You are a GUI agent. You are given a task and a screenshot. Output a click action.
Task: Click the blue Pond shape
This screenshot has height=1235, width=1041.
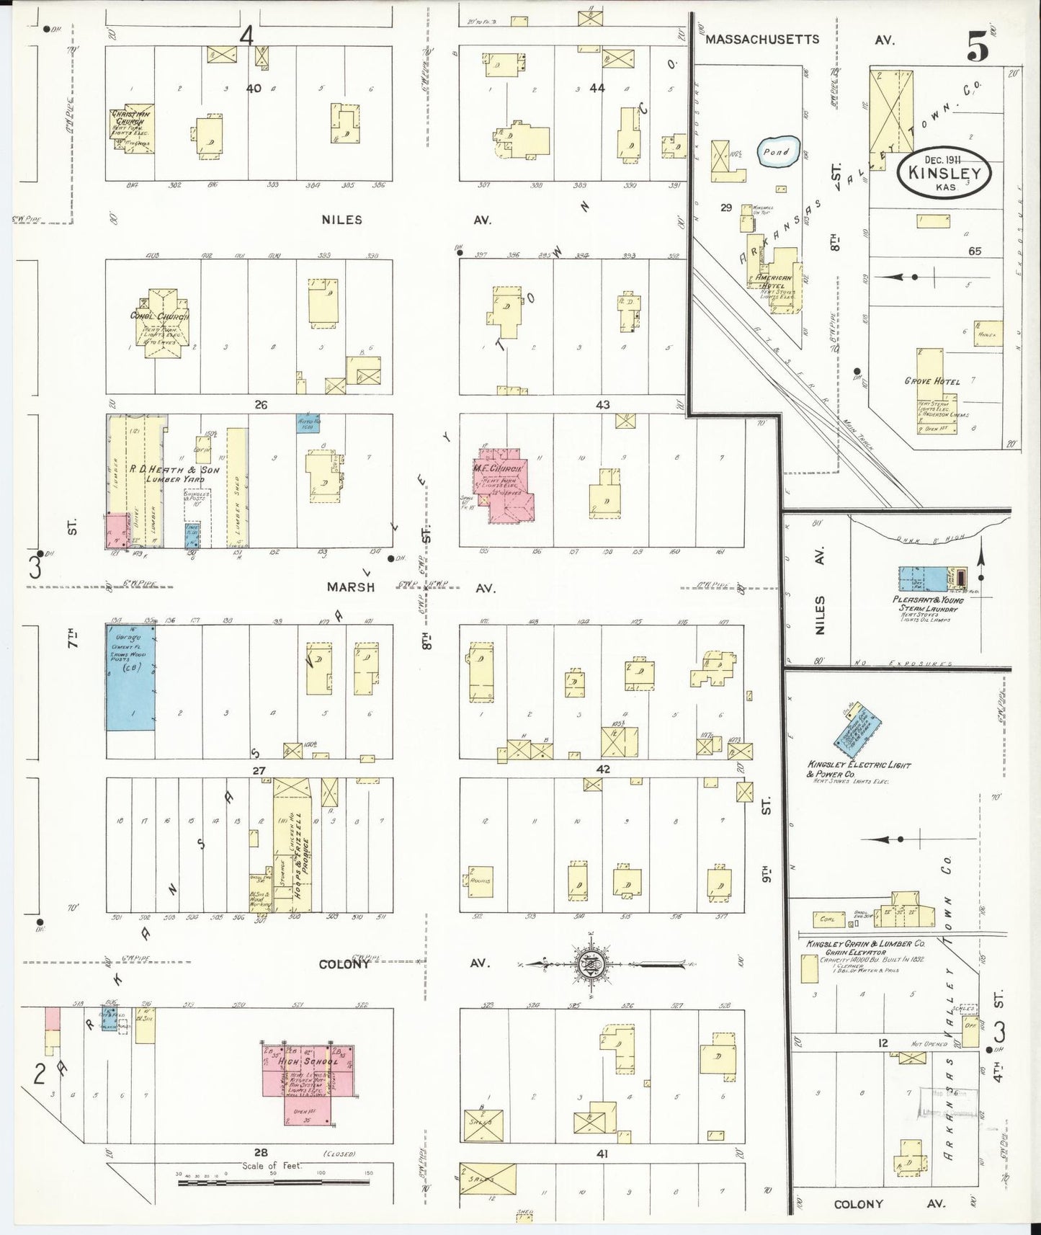pyautogui.click(x=777, y=152)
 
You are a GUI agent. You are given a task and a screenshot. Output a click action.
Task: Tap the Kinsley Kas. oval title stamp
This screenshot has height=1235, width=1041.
pyautogui.click(x=944, y=174)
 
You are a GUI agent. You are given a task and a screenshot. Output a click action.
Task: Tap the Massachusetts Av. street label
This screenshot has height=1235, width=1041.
pyautogui.click(x=761, y=40)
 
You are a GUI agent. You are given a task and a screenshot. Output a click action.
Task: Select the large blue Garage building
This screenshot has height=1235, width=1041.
pyautogui.click(x=130, y=677)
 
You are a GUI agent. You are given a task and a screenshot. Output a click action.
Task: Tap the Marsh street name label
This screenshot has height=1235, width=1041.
pyautogui.click(x=350, y=587)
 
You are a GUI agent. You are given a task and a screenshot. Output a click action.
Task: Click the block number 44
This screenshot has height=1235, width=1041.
pyautogui.click(x=597, y=88)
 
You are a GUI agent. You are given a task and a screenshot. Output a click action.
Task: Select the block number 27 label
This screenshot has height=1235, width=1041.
pyautogui.click(x=259, y=770)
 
